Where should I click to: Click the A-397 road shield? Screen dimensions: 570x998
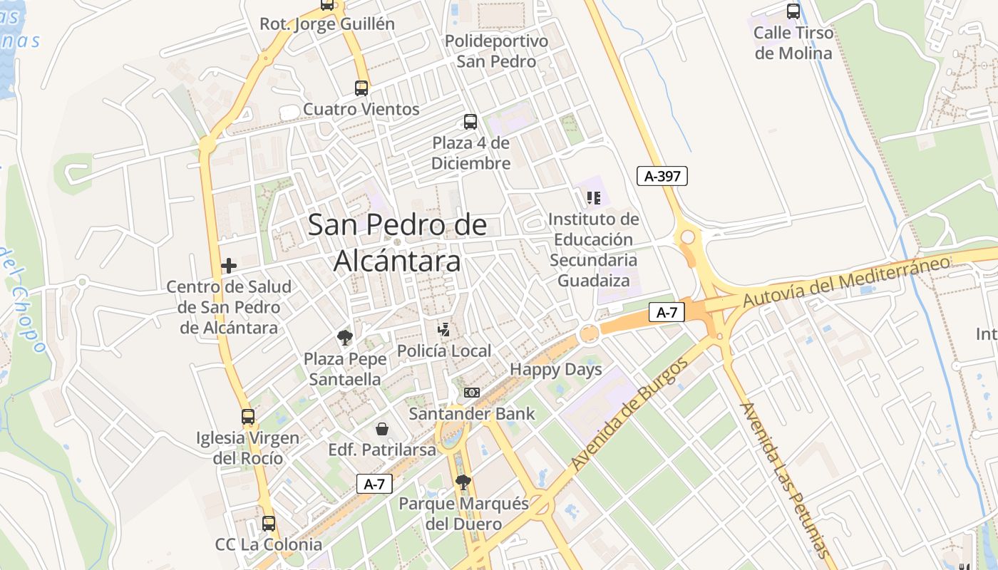point(662,176)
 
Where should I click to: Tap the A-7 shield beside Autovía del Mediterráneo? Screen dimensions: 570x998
point(667,311)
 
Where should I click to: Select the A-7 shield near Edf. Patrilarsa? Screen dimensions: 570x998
point(374,484)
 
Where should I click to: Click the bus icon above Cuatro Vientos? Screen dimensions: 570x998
point(361,88)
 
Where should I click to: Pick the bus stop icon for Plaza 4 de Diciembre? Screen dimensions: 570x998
point(470,122)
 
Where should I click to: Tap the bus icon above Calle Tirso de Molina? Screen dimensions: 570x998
point(793,11)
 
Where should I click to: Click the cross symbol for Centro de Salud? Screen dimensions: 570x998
point(229,266)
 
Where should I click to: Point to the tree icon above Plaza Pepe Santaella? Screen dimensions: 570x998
point(345,337)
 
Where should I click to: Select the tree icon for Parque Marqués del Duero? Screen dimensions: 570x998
point(463,482)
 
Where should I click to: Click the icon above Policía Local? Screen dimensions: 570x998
point(444,329)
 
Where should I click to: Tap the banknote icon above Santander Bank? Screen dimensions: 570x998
point(472,393)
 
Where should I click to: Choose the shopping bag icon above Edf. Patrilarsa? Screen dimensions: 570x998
point(382,429)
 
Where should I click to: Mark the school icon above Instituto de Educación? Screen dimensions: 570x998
point(594,197)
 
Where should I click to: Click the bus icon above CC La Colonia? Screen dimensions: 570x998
point(269,524)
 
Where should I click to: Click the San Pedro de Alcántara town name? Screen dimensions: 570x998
point(398,243)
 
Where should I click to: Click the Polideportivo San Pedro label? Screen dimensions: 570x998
point(497,51)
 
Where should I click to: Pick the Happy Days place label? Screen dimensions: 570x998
point(556,370)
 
